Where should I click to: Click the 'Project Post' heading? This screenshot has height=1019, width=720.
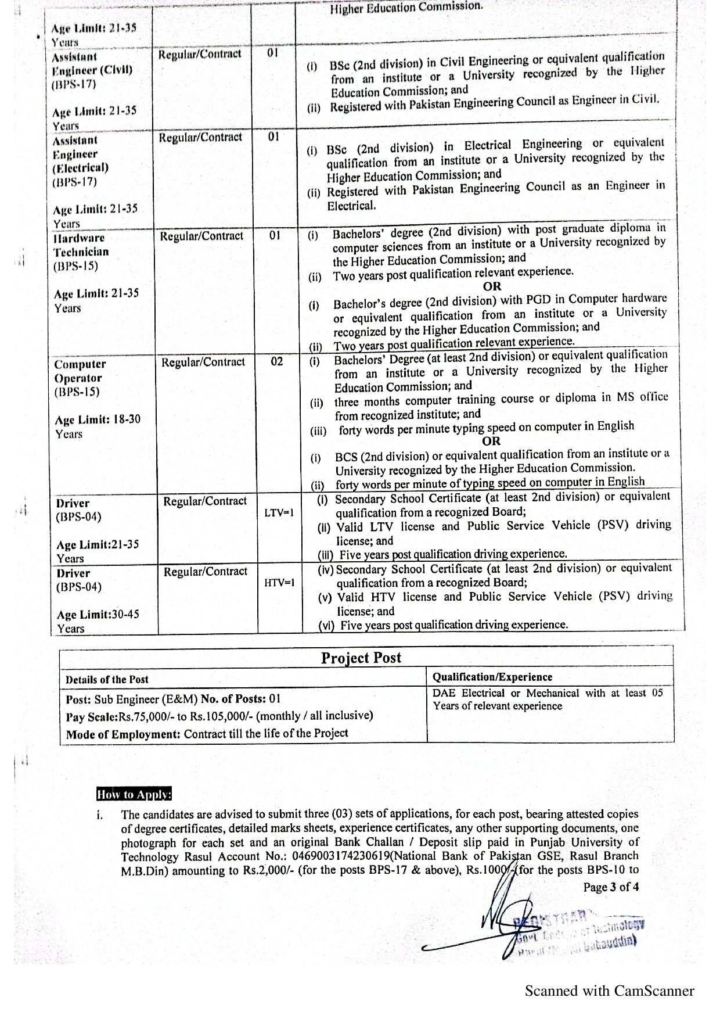coord(361,658)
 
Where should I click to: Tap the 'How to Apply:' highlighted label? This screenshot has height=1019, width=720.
coord(134,794)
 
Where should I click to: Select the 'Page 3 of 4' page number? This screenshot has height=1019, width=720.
coord(611,887)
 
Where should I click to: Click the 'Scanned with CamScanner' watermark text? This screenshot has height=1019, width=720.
coord(609,991)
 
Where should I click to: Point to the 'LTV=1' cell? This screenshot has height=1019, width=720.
coord(279,512)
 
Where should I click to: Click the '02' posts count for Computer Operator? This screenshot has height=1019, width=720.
coord(277,361)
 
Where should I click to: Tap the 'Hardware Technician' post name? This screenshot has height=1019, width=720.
coord(81,245)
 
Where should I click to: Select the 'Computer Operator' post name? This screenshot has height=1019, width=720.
coord(80,371)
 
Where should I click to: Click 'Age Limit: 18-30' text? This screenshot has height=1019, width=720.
coord(98,419)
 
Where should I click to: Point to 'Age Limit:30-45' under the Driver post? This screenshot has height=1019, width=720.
coord(98,615)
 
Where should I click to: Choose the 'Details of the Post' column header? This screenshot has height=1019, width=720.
coord(107,679)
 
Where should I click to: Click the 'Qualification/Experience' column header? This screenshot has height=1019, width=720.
coord(492,677)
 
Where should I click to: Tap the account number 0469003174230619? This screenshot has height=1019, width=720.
coord(342,856)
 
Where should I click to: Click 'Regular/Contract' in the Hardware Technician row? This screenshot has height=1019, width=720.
coord(201,236)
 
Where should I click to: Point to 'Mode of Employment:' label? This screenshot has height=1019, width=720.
coord(123,734)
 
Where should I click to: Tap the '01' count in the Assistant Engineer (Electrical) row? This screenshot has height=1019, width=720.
coord(273,137)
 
